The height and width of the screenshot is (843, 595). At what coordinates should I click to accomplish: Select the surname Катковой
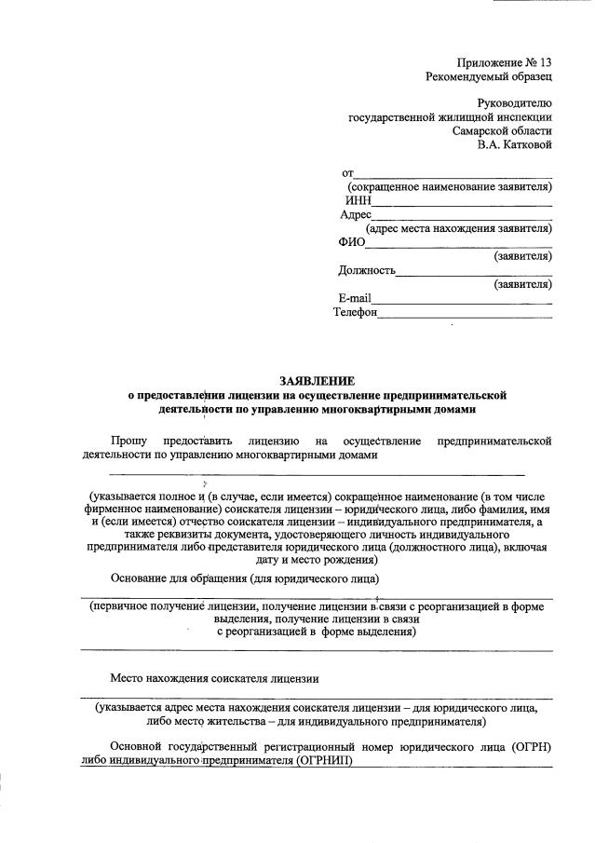point(526,145)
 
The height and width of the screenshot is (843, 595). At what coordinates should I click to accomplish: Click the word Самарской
point(478,131)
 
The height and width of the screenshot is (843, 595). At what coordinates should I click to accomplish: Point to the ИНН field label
point(358,200)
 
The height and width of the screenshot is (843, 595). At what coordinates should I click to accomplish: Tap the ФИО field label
point(353,242)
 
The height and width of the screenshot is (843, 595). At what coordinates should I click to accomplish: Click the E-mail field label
point(355,298)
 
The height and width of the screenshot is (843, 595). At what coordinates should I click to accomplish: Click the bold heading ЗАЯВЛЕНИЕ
point(317,380)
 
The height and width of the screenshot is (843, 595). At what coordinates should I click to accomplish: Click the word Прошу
point(128,440)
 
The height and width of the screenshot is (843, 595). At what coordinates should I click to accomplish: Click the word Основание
point(140,578)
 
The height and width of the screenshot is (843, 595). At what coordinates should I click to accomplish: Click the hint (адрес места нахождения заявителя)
point(459,228)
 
